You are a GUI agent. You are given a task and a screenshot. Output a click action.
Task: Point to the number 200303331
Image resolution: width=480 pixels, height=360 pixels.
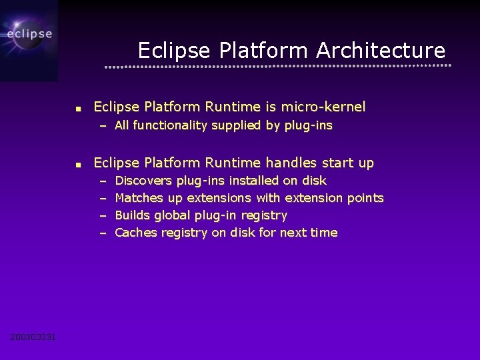[33, 337]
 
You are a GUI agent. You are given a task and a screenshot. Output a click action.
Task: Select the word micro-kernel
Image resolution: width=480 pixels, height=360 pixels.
[323, 107]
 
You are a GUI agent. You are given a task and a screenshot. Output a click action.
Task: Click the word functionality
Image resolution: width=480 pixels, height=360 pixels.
[170, 125]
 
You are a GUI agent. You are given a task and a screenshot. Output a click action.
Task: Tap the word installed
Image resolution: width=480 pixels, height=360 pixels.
[254, 181]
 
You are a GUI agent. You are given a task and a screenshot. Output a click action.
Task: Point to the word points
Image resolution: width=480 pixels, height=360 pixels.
[365, 198]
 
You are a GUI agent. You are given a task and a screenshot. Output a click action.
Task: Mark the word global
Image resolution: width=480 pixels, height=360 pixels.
[173, 215]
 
